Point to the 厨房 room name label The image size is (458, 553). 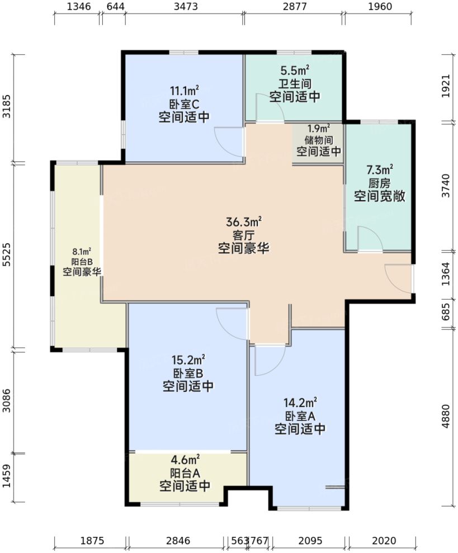click(x=379, y=183)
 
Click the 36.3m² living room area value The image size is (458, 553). click(x=243, y=222)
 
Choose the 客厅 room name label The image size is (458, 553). click(x=243, y=235)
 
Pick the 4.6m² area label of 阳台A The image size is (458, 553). click(x=185, y=460)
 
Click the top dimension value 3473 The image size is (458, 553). click(x=184, y=7)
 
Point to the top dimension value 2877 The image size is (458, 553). click(x=294, y=7)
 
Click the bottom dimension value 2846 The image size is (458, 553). click(x=178, y=541)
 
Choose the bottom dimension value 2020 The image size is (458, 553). click(x=384, y=541)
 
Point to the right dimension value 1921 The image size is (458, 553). click(x=446, y=87)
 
